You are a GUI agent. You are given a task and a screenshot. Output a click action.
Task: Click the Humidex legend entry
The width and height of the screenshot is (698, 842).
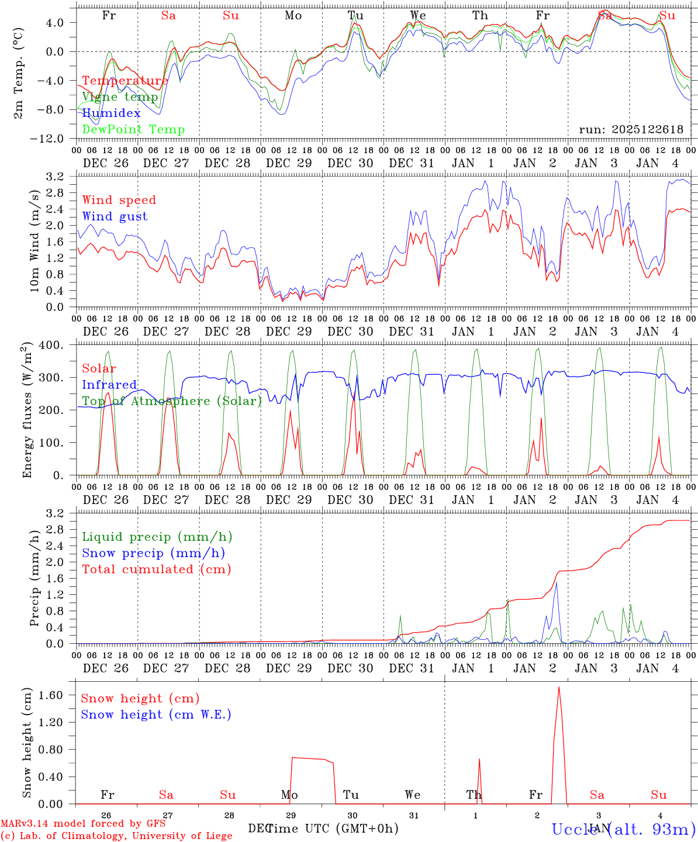(x=111, y=113)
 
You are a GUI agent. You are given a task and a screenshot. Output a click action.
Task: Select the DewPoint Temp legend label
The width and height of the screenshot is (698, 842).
(x=133, y=130)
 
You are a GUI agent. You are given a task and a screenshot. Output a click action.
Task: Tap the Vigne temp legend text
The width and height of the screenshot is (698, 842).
(x=120, y=97)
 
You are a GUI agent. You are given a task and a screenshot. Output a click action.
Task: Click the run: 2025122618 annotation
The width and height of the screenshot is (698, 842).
(x=631, y=130)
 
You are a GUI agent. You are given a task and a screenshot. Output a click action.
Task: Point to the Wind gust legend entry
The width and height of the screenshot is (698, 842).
(x=115, y=216)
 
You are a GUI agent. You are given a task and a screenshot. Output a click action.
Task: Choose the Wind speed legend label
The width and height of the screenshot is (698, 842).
(x=119, y=200)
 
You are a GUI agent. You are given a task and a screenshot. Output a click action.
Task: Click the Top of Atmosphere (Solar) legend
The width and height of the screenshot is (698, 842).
(x=171, y=401)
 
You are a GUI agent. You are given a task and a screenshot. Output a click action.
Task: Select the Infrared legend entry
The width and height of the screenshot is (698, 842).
(x=109, y=385)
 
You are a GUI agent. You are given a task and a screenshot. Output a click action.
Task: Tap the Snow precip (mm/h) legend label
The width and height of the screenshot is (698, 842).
(x=153, y=553)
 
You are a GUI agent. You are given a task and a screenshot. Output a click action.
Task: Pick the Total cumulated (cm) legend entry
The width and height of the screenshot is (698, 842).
(x=156, y=570)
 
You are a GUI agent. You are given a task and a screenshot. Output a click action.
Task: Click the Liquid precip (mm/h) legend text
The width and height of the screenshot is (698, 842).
(x=157, y=537)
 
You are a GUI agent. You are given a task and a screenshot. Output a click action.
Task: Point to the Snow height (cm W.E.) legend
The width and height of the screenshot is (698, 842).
(x=156, y=715)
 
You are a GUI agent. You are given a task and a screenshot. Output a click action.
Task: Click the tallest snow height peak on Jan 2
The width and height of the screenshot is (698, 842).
(x=559, y=687)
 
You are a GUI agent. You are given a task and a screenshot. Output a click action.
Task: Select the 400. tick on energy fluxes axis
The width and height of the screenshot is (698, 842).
(x=51, y=345)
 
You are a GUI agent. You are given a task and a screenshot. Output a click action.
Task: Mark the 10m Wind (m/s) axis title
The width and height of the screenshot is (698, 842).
(x=35, y=241)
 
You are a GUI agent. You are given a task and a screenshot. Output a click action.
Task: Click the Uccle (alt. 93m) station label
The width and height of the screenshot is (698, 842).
(x=623, y=829)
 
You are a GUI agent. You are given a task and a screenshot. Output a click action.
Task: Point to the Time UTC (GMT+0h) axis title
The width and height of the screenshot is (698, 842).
(x=333, y=829)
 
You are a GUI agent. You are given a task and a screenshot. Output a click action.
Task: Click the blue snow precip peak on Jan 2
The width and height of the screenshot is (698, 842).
(x=557, y=582)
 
